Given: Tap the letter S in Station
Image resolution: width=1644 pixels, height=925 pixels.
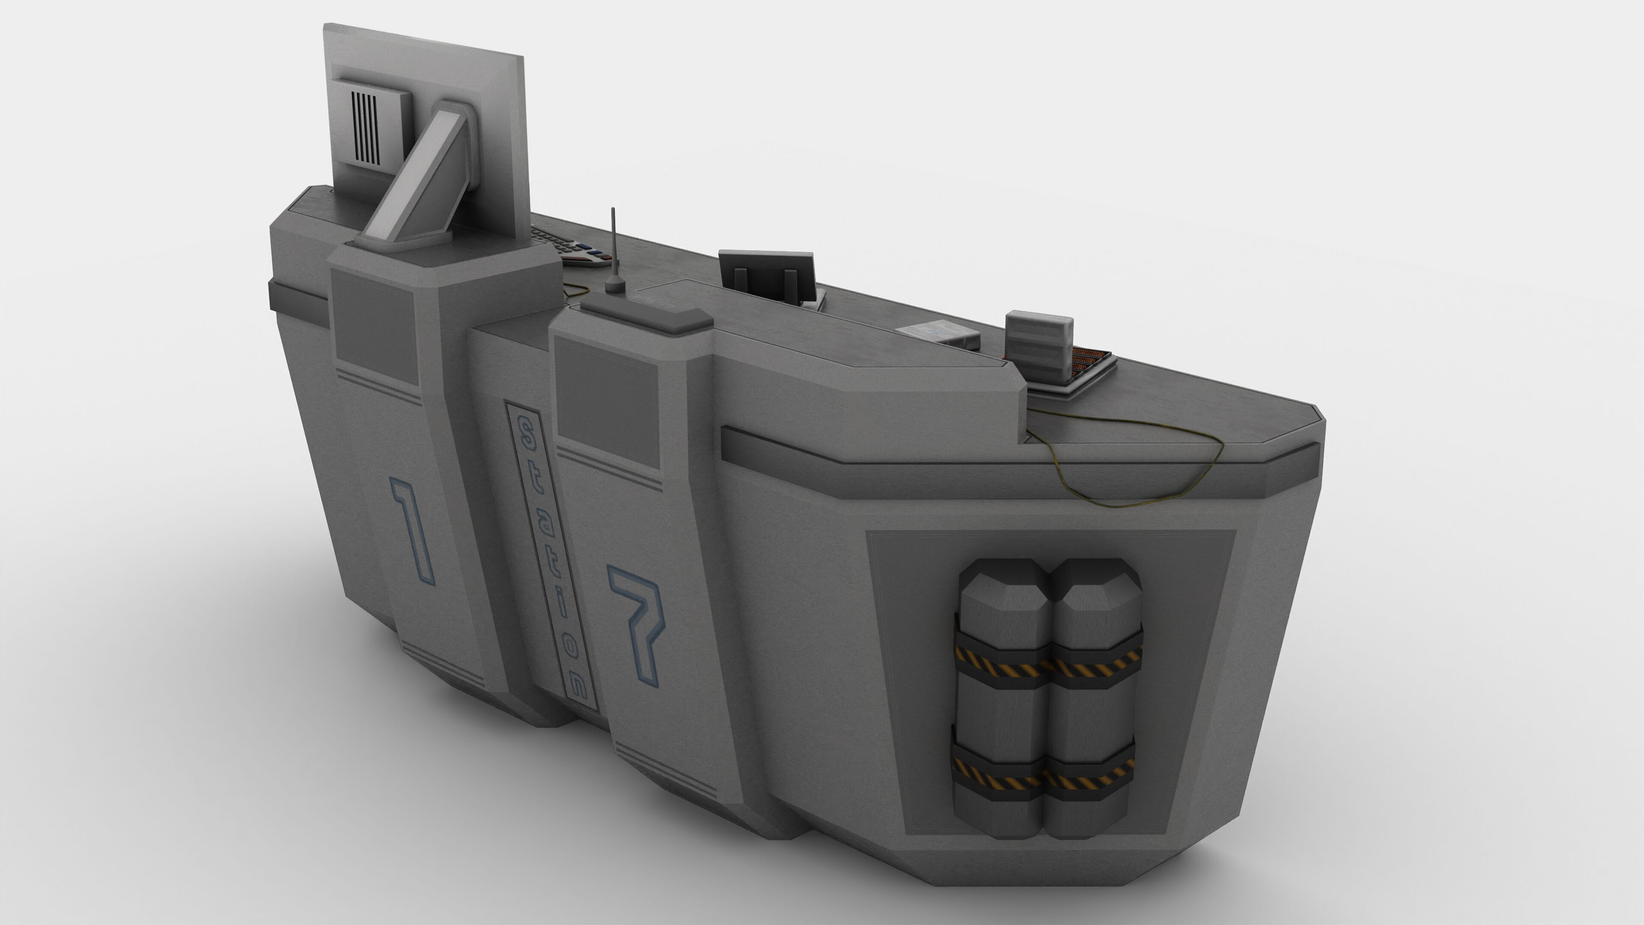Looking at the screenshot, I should [526, 436].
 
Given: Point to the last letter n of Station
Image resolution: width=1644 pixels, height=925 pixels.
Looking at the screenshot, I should [578, 684].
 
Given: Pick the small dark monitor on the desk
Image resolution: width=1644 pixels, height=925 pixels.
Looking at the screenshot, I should [767, 275].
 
